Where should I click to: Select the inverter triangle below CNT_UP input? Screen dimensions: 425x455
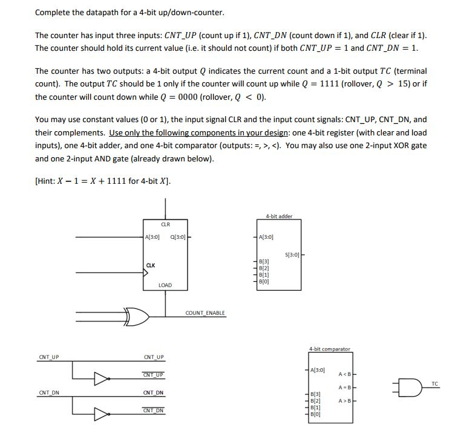(x=100, y=380)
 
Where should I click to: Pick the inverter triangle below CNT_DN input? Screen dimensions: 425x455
(x=100, y=415)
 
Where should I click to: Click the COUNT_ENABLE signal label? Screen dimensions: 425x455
(x=205, y=313)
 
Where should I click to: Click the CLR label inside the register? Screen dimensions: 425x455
(x=165, y=224)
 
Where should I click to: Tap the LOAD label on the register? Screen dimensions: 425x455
(x=165, y=285)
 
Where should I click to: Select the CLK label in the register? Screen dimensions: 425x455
(x=151, y=264)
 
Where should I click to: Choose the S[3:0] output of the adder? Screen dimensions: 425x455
(x=291, y=255)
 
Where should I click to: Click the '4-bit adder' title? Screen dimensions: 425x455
(x=278, y=216)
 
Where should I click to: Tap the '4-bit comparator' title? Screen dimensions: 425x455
(x=329, y=349)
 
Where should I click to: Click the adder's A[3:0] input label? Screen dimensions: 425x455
(x=266, y=237)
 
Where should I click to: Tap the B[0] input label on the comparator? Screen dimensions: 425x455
(x=316, y=415)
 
